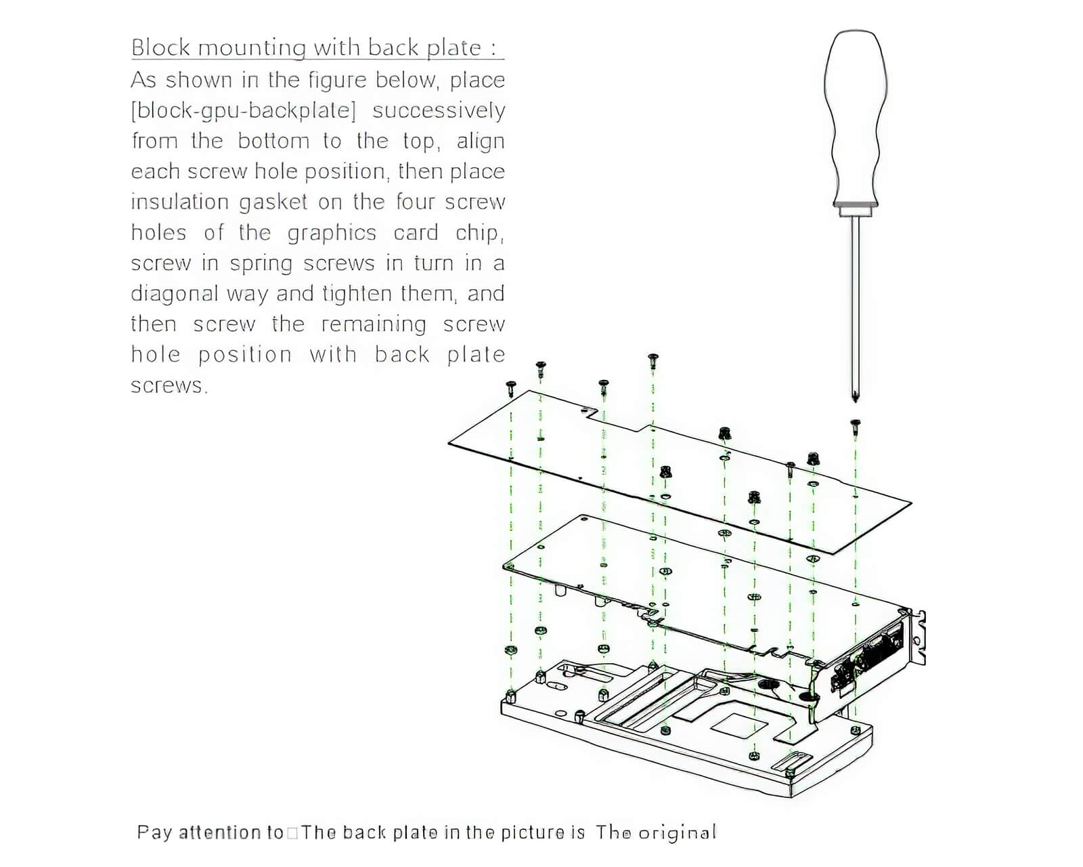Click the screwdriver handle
click(x=856, y=115)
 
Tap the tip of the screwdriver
click(x=856, y=398)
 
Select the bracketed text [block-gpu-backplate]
click(x=243, y=110)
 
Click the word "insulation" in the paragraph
click(x=179, y=202)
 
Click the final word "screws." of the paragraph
click(x=169, y=385)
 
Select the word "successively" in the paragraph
click(x=439, y=110)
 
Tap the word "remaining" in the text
click(x=374, y=324)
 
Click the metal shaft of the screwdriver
click(x=856, y=305)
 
